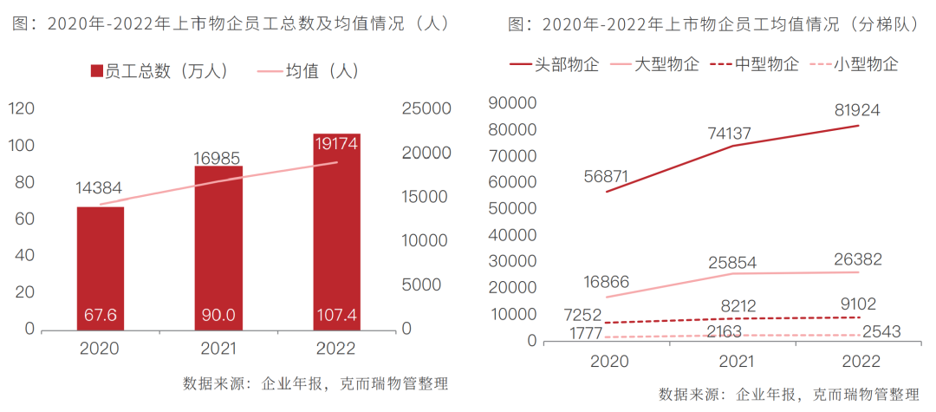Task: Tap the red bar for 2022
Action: pos(337,231)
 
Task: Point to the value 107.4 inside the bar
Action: pos(337,313)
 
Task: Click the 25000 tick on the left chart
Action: pos(427,108)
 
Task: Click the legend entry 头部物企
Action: pos(555,64)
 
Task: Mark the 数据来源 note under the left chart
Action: pos(315,384)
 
